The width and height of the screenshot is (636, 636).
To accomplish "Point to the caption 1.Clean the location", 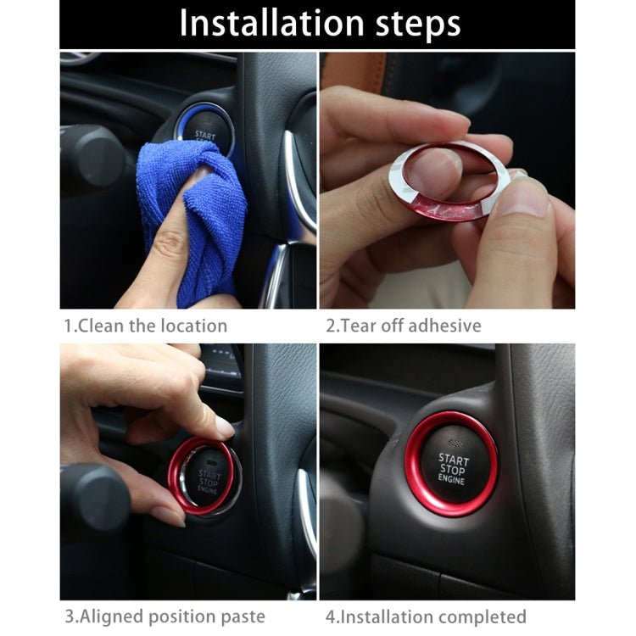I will tap(146, 326).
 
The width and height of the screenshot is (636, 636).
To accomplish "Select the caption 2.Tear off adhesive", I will tap(403, 326).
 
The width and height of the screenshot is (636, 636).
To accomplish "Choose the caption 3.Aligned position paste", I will tap(165, 616).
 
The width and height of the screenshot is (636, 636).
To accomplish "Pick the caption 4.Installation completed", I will tap(426, 616).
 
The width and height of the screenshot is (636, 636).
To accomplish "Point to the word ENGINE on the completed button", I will tap(452, 481).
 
